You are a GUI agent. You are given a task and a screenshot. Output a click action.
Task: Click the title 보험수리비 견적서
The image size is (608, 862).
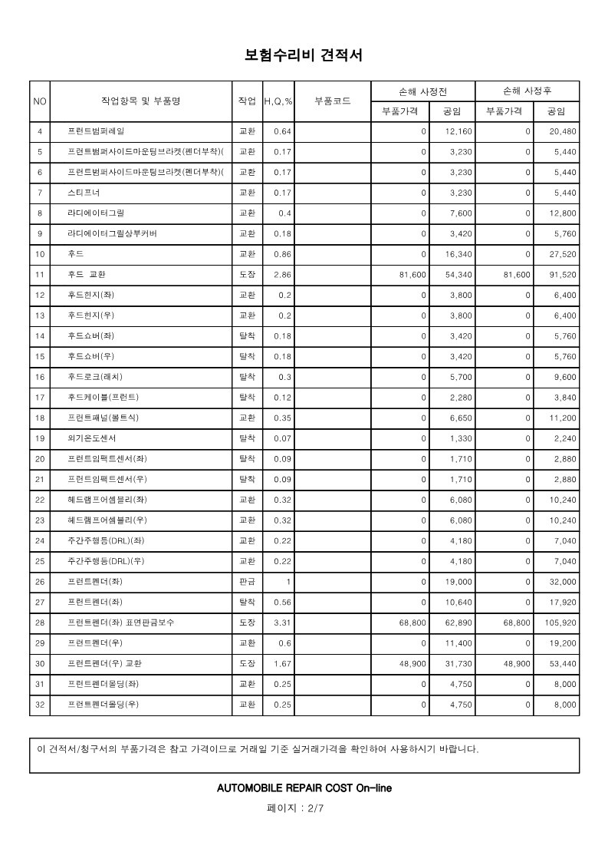click(303, 55)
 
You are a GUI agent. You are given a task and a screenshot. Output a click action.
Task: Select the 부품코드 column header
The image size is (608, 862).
click(333, 101)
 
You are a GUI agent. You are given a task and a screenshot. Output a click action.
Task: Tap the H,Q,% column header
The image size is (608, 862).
click(278, 101)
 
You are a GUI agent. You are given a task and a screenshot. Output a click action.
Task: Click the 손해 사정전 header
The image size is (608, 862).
click(422, 91)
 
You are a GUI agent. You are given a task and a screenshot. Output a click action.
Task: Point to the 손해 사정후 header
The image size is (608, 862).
click(527, 91)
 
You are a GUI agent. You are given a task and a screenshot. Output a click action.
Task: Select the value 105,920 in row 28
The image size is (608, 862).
click(558, 623)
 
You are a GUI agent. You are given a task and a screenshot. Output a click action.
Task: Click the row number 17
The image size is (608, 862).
click(40, 397)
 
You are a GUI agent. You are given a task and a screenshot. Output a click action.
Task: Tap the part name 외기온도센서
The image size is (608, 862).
click(91, 438)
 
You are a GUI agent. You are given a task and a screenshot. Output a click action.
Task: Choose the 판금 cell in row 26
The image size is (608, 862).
click(247, 582)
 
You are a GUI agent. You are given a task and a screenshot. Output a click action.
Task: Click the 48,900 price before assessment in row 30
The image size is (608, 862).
click(412, 663)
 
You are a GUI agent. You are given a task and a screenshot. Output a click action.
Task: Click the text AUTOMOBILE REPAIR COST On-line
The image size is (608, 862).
click(304, 788)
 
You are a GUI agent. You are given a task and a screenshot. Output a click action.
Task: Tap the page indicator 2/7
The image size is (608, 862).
click(315, 808)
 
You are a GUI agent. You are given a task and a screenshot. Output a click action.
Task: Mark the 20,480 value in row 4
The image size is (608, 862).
click(563, 131)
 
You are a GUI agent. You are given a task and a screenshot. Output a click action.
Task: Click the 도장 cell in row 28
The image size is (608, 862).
click(247, 623)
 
